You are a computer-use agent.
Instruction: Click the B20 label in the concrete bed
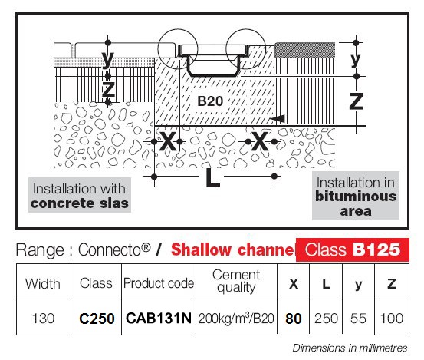click(x=210, y=101)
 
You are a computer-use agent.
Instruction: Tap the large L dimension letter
click(x=212, y=177)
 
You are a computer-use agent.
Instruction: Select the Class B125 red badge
click(x=353, y=249)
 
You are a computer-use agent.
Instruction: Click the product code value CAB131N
click(x=159, y=318)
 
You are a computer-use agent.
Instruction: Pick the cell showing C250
click(x=97, y=319)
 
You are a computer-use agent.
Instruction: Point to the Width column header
click(x=43, y=284)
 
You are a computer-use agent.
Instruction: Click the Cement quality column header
click(x=236, y=281)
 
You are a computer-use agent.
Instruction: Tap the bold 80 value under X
click(x=294, y=319)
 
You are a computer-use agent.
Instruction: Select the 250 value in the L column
click(x=326, y=319)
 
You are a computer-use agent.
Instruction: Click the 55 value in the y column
click(x=358, y=319)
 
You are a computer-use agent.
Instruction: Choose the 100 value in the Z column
click(x=392, y=319)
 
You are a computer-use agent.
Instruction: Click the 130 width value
click(x=43, y=319)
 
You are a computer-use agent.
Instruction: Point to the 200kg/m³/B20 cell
click(x=236, y=319)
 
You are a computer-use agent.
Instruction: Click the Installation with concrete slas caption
click(x=80, y=196)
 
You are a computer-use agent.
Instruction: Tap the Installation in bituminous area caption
click(x=356, y=196)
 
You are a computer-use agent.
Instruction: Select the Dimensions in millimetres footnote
click(x=350, y=348)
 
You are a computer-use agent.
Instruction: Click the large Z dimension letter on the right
click(x=357, y=101)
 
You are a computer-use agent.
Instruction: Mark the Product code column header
click(x=159, y=283)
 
